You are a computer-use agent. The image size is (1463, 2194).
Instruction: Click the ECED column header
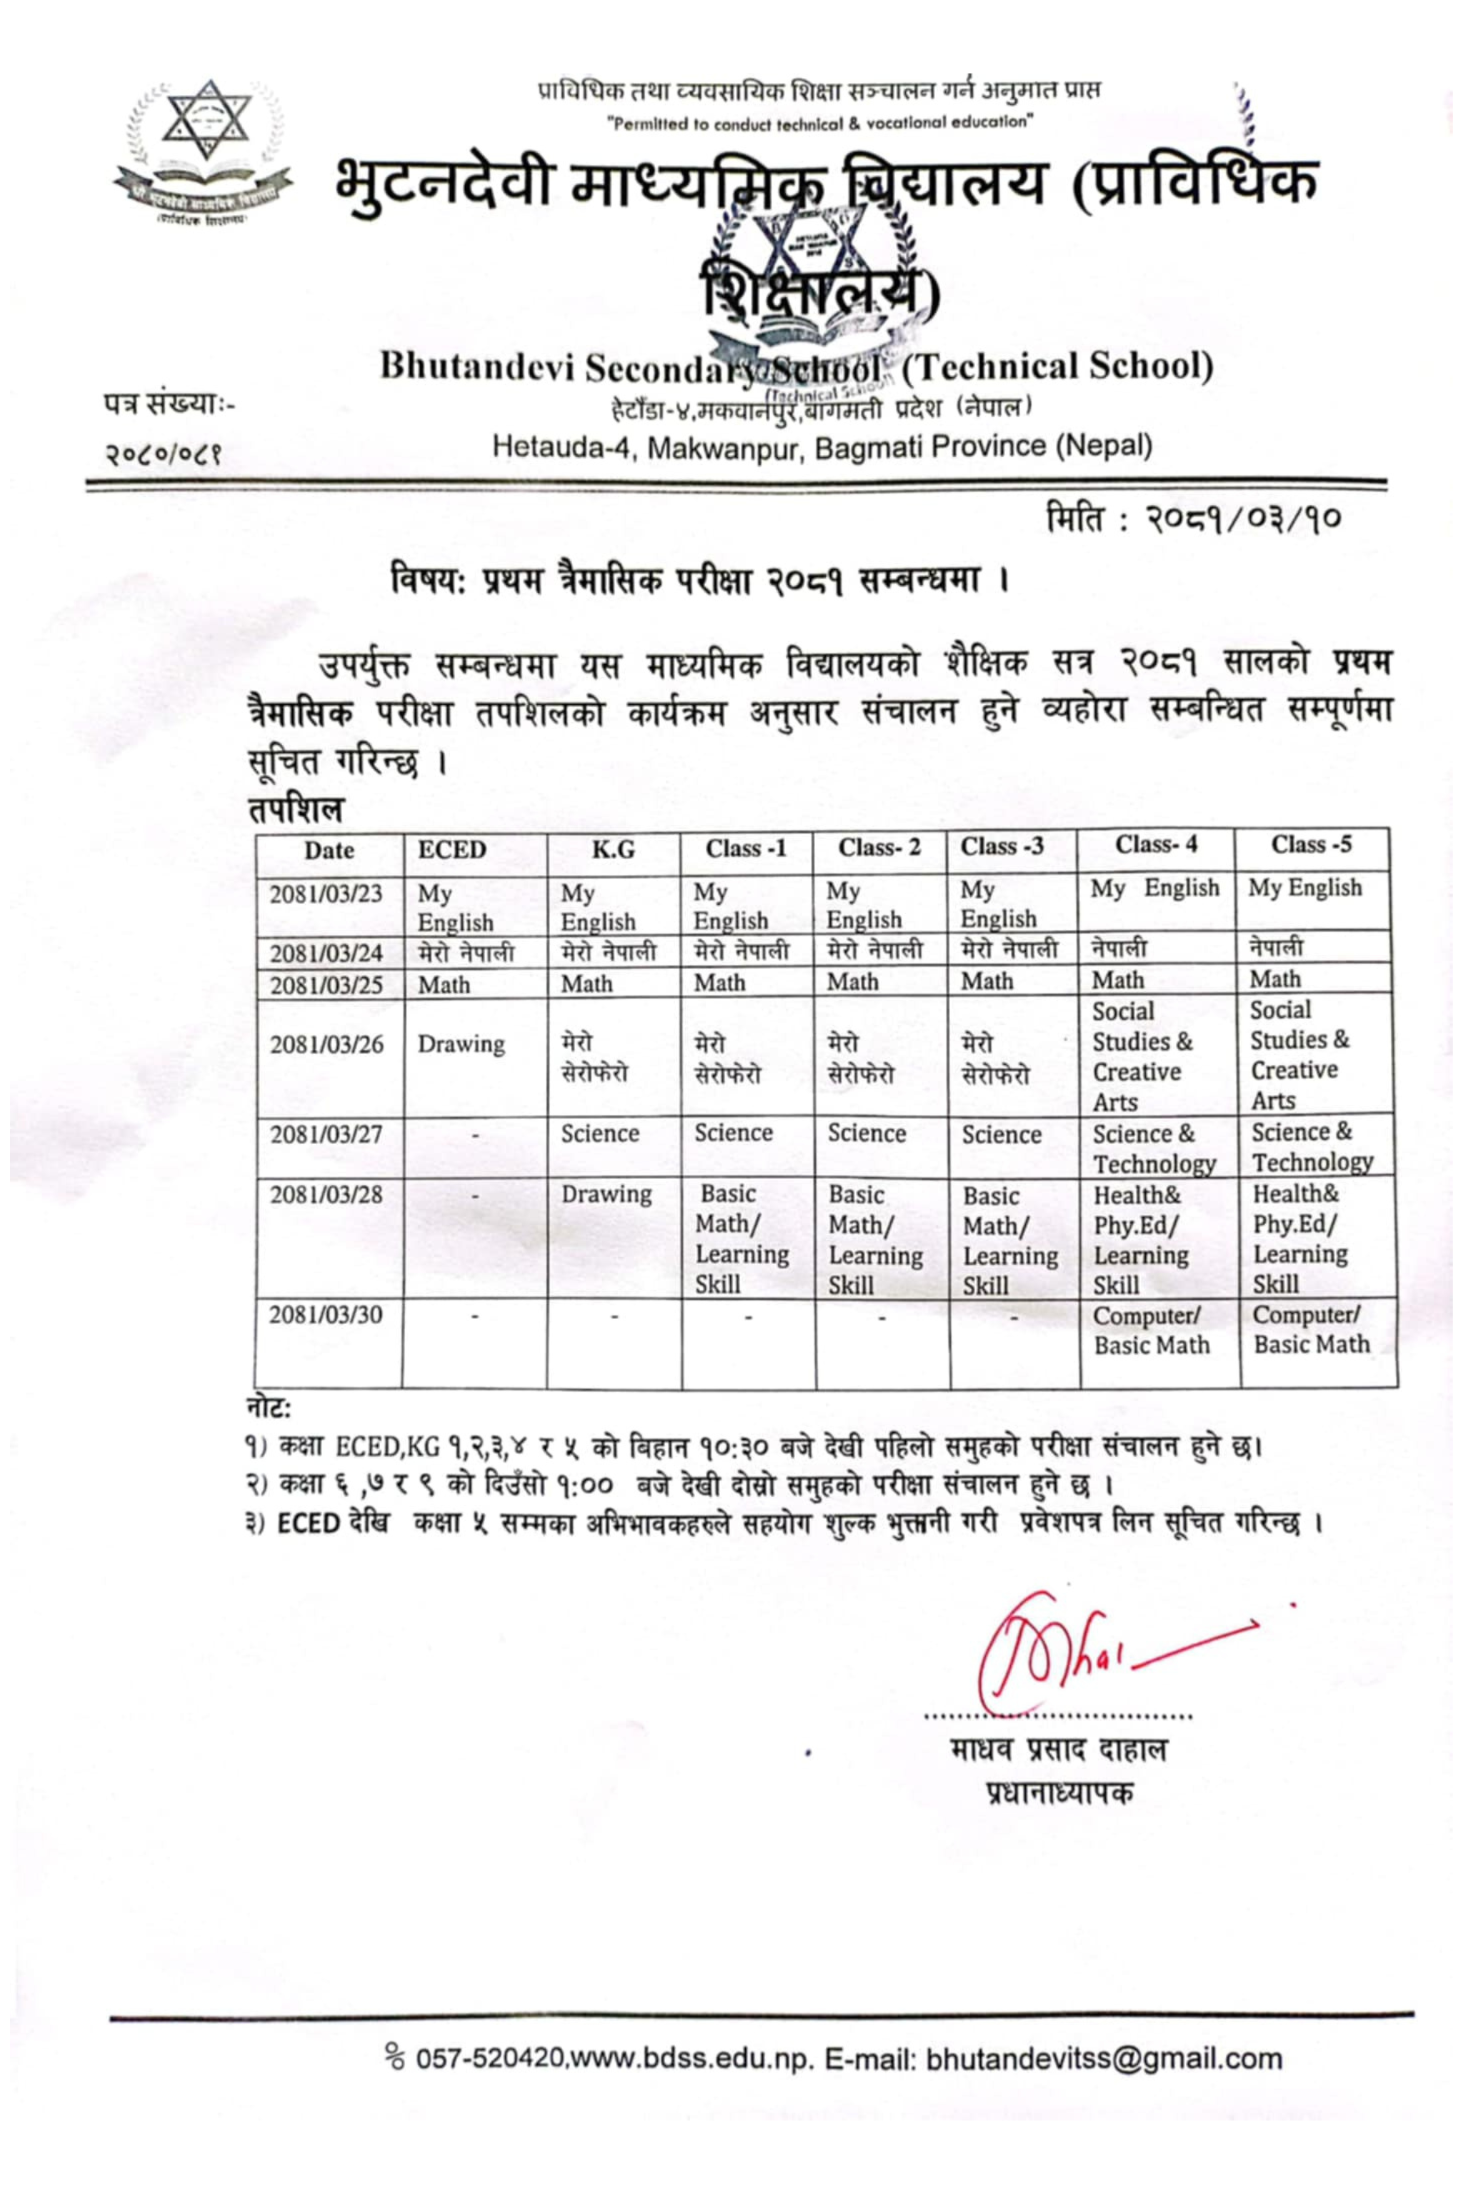[x=451, y=850]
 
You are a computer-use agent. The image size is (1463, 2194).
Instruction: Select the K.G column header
[x=613, y=849]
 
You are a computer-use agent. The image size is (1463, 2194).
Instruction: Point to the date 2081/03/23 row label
[x=326, y=893]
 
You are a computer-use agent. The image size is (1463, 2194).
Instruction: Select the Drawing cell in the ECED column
[x=461, y=1044]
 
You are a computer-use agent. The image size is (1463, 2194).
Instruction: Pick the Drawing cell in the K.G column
[x=606, y=1194]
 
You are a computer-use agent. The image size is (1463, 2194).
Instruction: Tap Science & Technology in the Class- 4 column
[x=1154, y=1148]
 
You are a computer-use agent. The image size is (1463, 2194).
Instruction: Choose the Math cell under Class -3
[x=987, y=981]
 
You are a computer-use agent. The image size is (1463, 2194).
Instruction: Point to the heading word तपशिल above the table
[x=296, y=808]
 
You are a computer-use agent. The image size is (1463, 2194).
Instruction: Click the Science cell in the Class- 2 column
[x=866, y=1133]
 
